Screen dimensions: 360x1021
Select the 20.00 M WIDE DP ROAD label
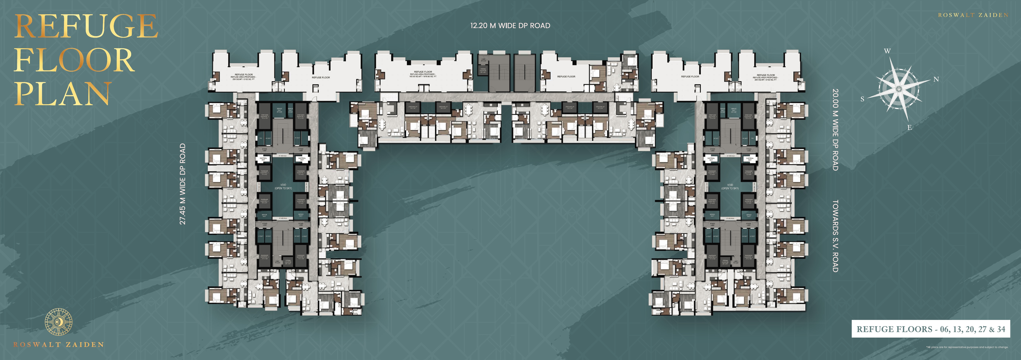[x=835, y=130]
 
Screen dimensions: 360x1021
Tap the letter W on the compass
[x=887, y=51]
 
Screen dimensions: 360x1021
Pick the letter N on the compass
[x=936, y=79]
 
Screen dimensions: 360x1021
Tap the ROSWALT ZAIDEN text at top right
[x=973, y=15]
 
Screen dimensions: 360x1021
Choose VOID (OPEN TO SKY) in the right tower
[x=730, y=186]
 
